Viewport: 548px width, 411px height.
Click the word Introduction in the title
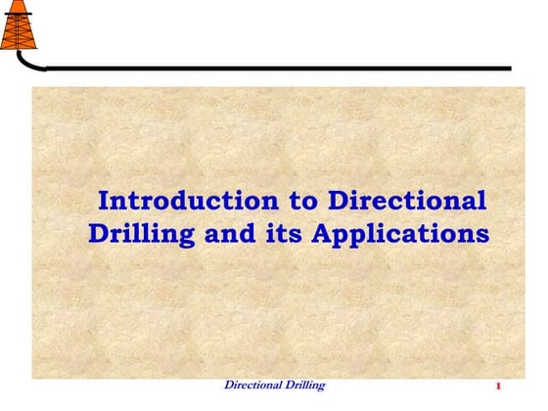tap(189, 203)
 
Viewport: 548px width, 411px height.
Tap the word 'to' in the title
tap(304, 203)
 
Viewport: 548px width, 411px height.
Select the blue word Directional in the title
tap(407, 203)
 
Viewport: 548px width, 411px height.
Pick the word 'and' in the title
tap(233, 236)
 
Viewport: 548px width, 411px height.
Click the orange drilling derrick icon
tap(18, 28)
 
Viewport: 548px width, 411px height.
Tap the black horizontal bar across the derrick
tap(18, 12)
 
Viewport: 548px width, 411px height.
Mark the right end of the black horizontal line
tap(509, 68)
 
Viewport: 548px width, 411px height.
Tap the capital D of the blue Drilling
tap(99, 235)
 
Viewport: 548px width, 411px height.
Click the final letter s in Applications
tap(480, 237)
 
